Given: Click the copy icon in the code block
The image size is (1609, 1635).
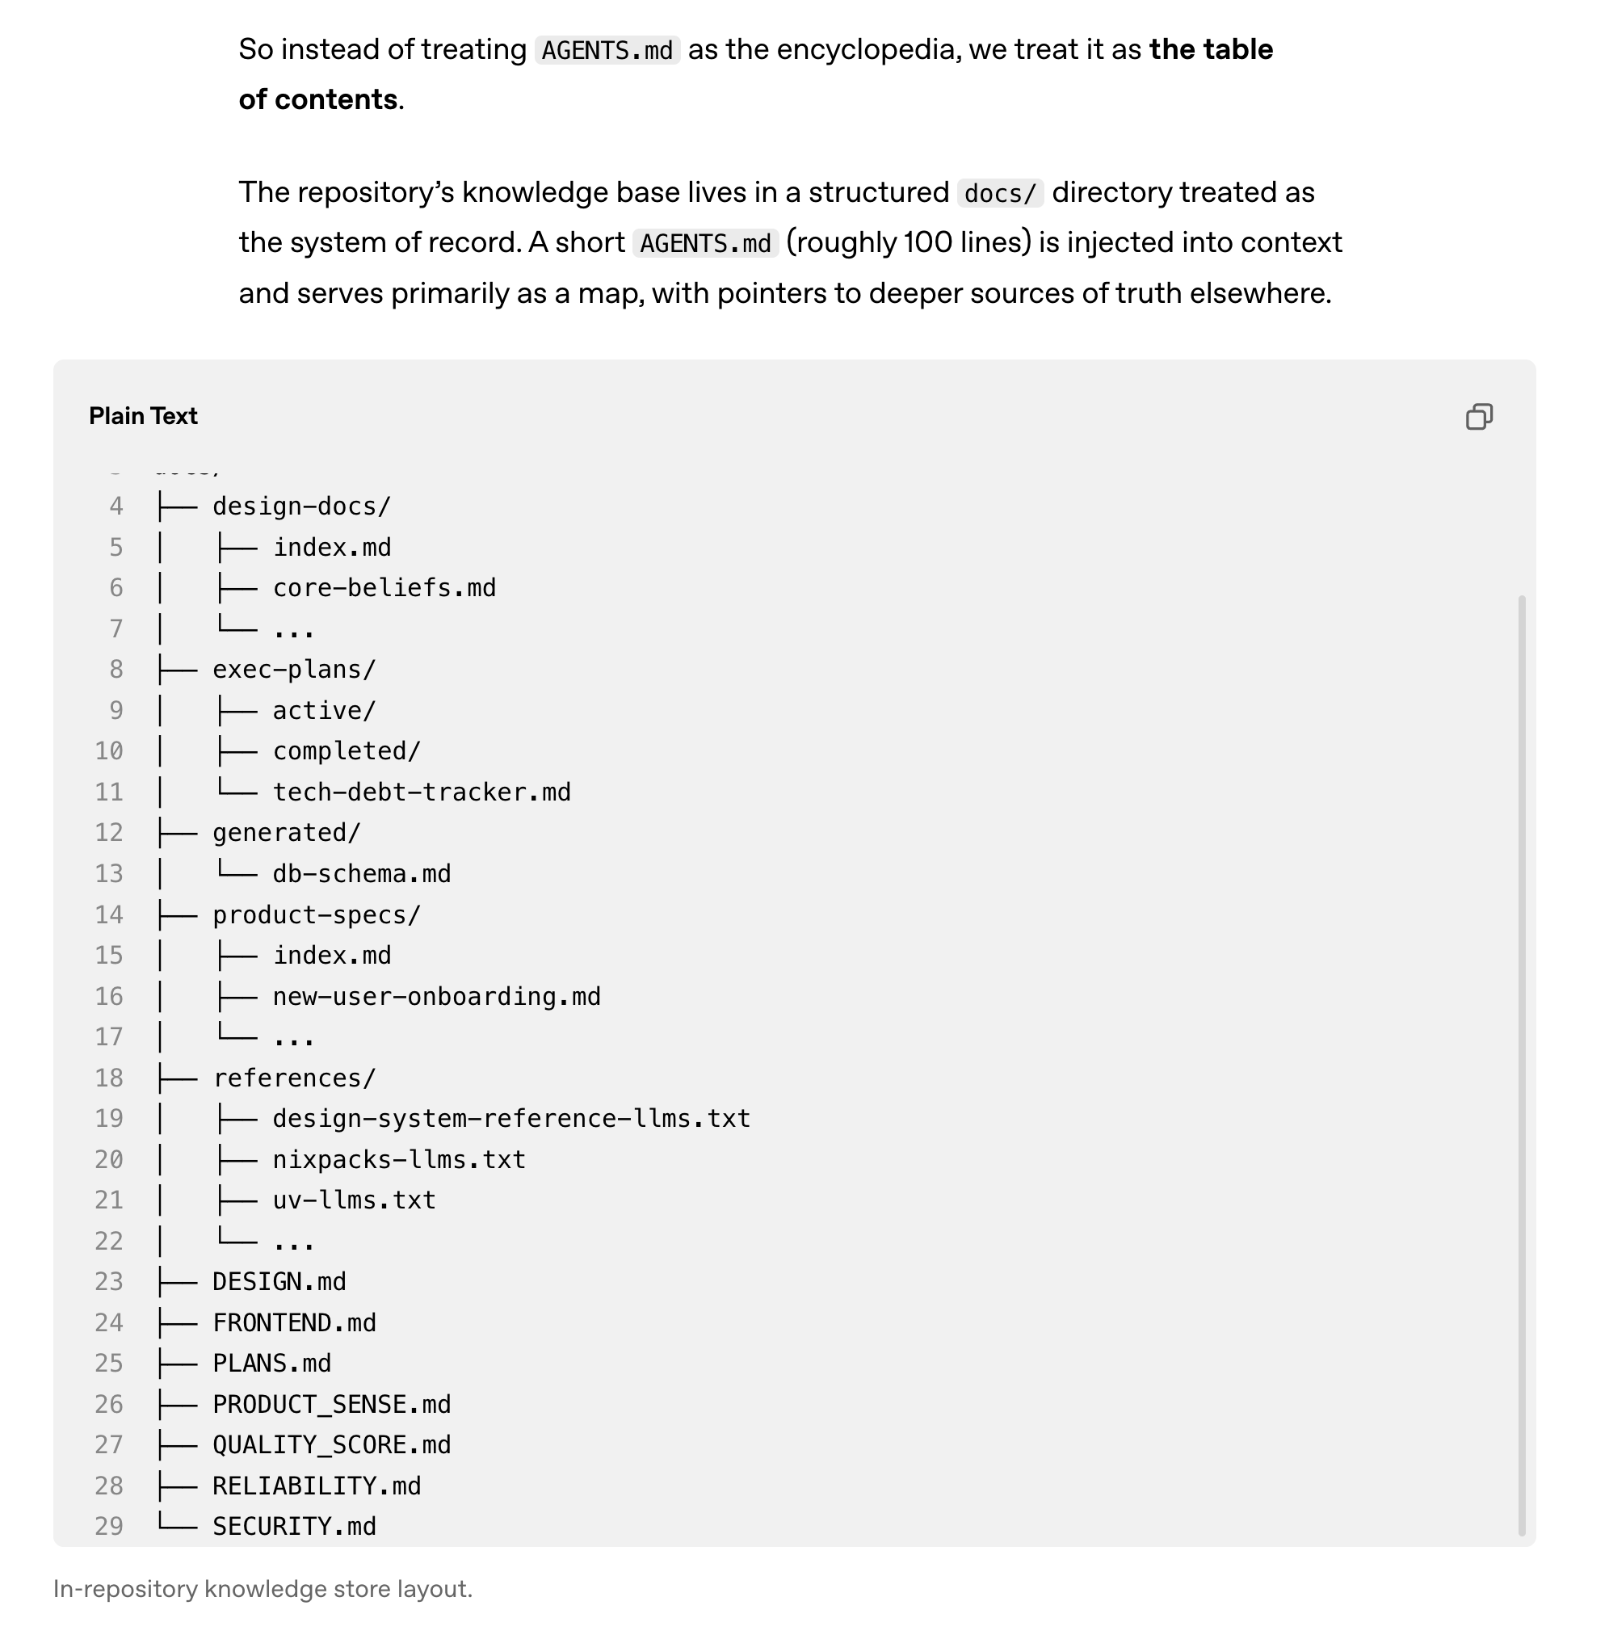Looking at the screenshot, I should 1478,417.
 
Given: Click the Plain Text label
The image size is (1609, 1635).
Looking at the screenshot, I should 143,416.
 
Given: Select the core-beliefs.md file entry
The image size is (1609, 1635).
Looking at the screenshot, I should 384,588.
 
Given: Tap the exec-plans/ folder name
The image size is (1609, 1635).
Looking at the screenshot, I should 293,669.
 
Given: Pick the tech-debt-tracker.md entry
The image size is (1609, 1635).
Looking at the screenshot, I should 421,792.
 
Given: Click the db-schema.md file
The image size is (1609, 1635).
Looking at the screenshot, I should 361,874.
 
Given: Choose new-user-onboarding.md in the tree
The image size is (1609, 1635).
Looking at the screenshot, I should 436,996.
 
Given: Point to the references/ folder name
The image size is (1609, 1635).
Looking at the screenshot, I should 293,1078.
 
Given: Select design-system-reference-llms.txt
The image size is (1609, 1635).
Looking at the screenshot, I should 510,1119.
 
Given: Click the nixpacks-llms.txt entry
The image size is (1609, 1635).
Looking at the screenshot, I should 398,1159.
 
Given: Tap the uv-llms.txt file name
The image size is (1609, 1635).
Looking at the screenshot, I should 353,1200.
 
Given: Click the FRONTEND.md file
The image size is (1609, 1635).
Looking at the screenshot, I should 293,1322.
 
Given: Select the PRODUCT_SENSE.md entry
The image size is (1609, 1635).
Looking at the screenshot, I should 331,1404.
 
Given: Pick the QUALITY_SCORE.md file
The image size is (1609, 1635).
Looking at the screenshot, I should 331,1445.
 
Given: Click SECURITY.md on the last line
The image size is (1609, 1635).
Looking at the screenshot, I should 293,1526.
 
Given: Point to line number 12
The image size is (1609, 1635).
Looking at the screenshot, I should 109,833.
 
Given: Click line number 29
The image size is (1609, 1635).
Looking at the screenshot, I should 109,1526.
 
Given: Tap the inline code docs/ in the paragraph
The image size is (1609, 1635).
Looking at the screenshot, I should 1000,194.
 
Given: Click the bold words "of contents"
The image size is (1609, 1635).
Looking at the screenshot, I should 317,99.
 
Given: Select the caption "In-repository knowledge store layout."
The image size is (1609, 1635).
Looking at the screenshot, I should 263,1590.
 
